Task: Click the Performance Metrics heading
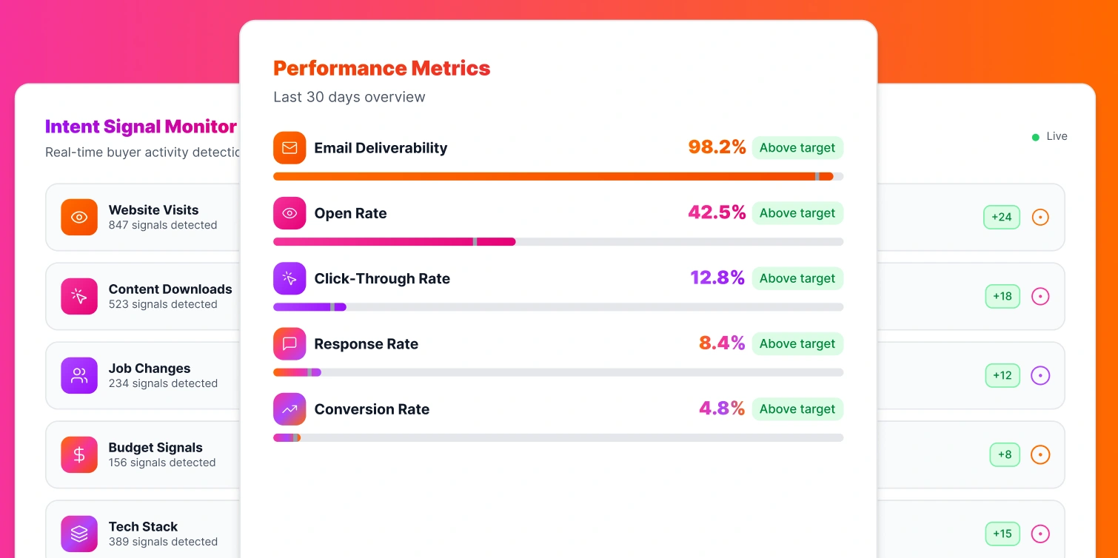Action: [381, 68]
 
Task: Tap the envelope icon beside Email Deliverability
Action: [289, 148]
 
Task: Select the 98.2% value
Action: [717, 147]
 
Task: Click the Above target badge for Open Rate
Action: [797, 213]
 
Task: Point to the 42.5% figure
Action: [717, 213]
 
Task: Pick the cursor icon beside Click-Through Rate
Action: [289, 278]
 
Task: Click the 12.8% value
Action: [717, 278]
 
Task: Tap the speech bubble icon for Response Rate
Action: [289, 343]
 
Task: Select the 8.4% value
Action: [722, 343]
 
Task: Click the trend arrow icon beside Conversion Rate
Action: [289, 409]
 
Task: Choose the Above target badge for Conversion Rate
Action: [797, 409]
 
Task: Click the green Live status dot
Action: [1036, 137]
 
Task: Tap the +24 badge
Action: [1002, 218]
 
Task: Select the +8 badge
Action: [1005, 454]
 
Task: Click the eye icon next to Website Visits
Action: [79, 218]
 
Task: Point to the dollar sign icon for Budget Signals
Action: [79, 454]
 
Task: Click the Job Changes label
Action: [150, 369]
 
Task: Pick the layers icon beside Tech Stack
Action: [79, 534]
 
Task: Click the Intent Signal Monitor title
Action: [141, 127]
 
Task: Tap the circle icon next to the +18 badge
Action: [1040, 297]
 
